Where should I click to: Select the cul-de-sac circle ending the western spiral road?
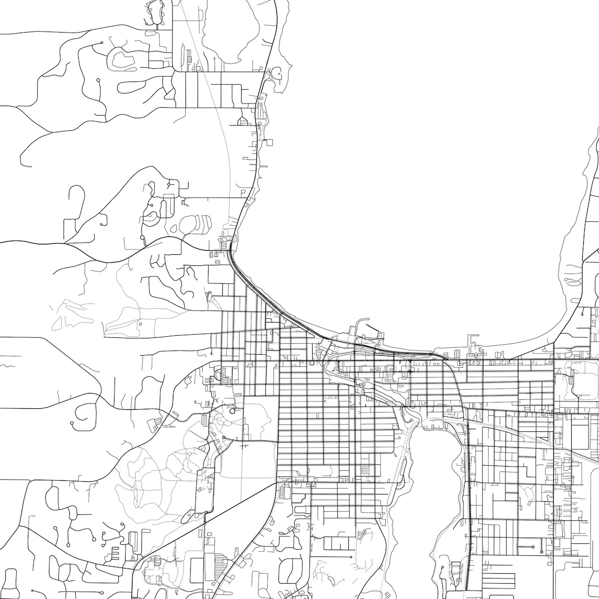coord(72,422)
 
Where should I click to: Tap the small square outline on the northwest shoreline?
coord(270,141)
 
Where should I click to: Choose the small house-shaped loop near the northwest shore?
coord(243,122)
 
